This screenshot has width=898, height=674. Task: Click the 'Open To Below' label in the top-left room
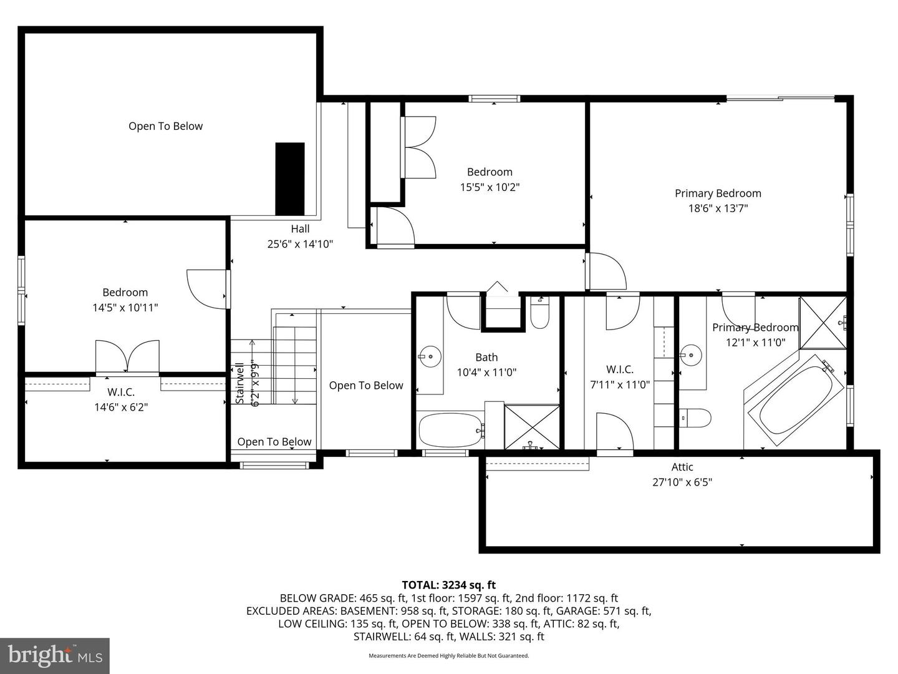(165, 126)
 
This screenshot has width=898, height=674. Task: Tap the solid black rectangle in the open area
(290, 178)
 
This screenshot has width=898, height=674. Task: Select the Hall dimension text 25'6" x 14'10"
(300, 244)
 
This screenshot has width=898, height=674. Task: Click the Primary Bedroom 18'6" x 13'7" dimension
(718, 208)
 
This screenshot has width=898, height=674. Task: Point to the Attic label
(682, 467)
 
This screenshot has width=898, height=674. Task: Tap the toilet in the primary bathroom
(695, 418)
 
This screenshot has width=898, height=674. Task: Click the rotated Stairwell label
(239, 383)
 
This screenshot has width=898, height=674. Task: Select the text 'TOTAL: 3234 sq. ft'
(448, 585)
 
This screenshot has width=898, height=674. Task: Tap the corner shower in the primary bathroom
(823, 323)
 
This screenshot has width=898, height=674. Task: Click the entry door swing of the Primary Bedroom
(607, 271)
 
